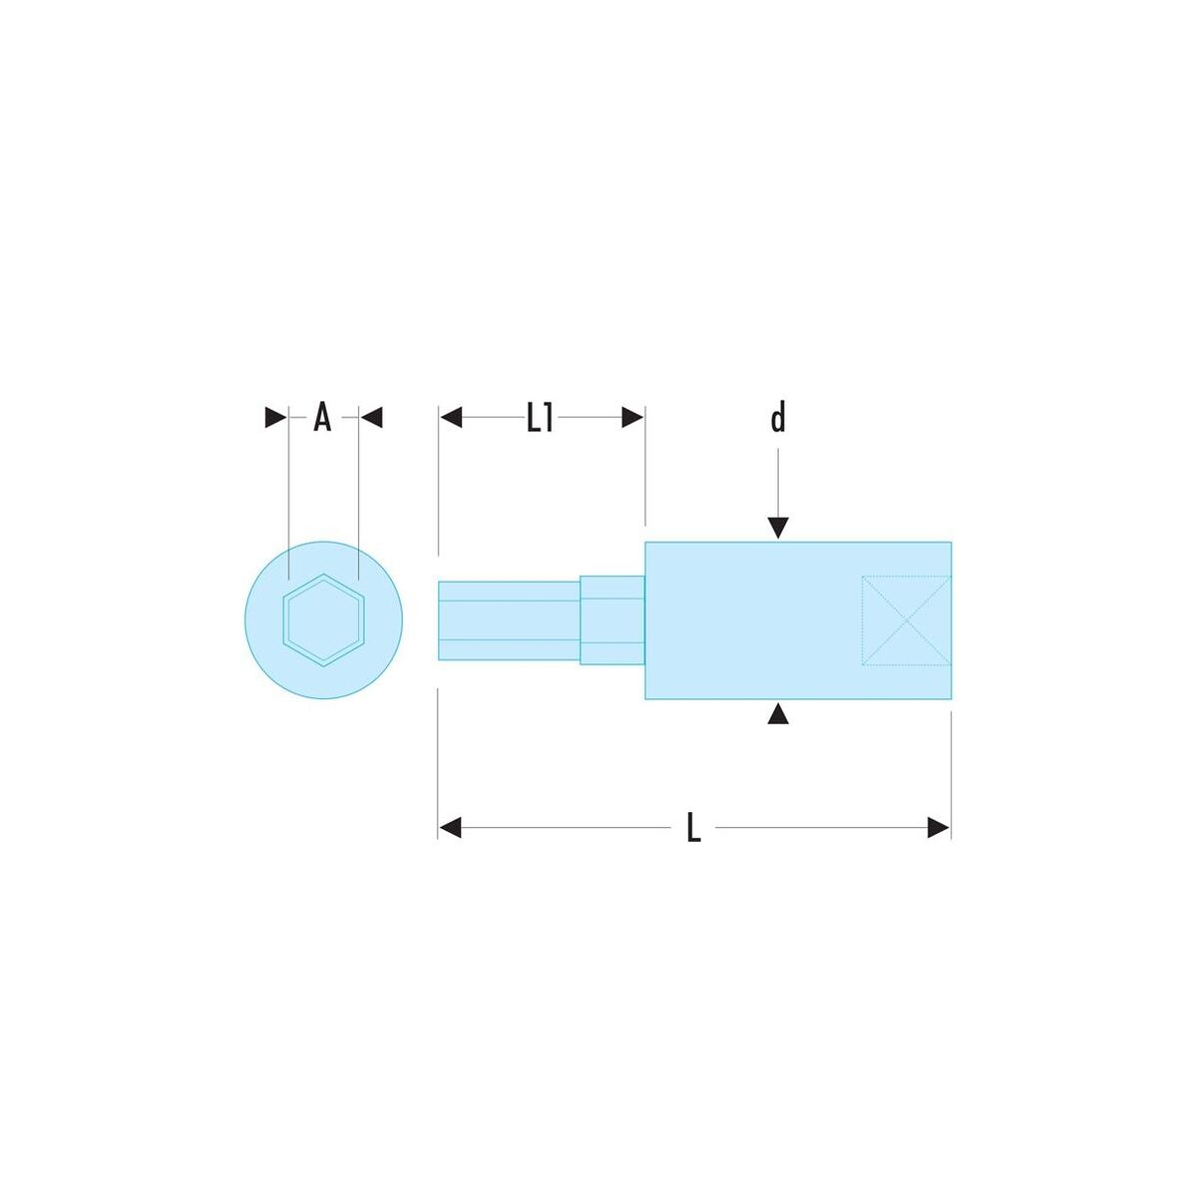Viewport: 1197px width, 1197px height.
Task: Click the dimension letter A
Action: (322, 417)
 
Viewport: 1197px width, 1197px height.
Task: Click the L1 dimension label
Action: (540, 417)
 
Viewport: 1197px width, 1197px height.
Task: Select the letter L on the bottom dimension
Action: (694, 828)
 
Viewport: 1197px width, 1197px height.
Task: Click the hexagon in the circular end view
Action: (323, 619)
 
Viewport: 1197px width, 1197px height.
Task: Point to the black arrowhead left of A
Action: (275, 417)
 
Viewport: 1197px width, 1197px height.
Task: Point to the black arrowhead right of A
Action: (371, 417)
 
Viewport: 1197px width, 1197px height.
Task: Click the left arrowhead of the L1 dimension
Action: (451, 417)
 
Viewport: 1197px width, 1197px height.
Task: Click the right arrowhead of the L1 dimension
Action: (632, 417)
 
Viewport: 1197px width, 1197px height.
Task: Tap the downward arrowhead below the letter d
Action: (778, 528)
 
